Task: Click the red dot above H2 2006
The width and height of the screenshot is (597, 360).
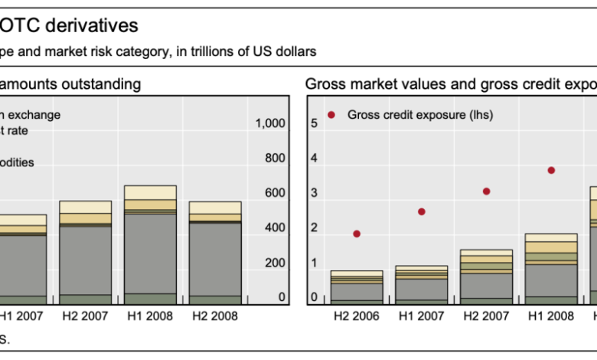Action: point(357,234)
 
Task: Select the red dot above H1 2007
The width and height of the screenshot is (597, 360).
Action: point(421,211)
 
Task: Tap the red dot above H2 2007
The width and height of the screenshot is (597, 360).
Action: point(486,191)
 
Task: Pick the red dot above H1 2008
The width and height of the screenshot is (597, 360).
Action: point(551,171)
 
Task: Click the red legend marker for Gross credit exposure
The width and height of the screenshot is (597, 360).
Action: point(331,115)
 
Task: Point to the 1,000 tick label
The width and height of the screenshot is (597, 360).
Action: point(271,123)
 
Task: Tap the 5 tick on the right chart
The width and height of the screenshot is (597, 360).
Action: point(312,123)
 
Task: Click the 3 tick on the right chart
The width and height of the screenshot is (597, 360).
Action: point(312,193)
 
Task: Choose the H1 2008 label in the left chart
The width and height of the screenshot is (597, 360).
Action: point(150,316)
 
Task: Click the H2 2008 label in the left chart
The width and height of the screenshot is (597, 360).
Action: point(215,316)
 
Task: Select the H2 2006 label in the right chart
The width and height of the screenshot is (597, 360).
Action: point(357,316)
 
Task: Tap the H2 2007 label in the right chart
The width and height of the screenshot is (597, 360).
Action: point(486,316)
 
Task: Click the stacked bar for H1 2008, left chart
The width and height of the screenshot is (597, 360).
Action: point(150,245)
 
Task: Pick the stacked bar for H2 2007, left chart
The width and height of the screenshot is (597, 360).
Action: point(85,253)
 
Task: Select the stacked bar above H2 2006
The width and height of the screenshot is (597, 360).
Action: point(357,287)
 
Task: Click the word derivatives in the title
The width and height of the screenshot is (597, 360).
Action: point(100,26)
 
